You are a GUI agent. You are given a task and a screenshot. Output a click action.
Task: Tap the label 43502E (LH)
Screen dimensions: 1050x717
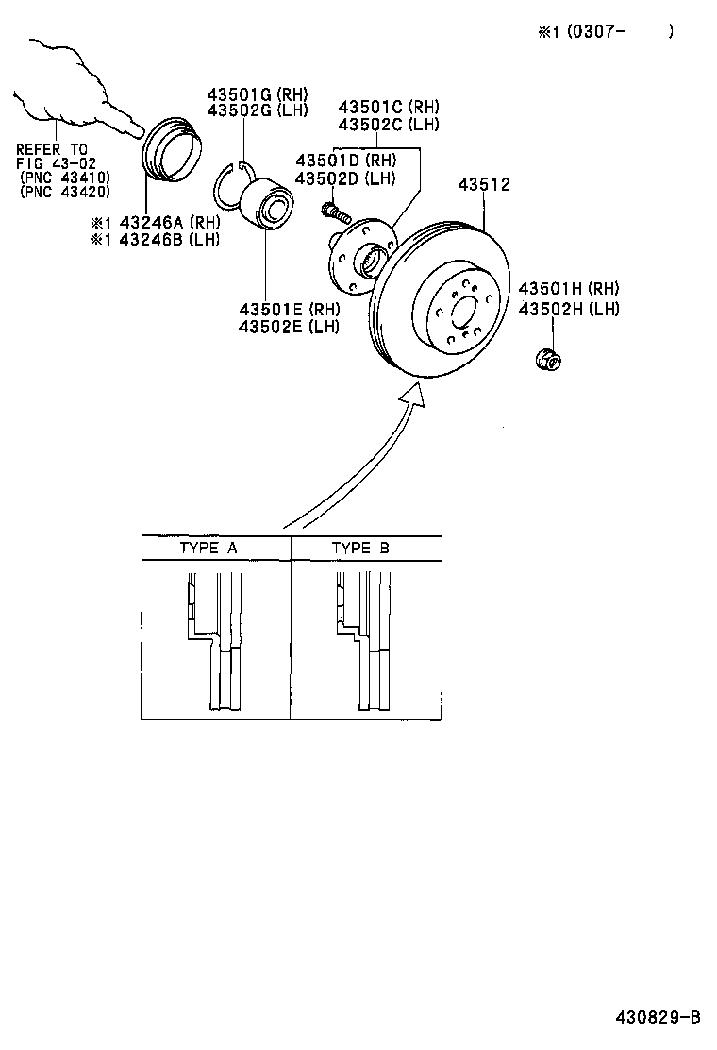click(289, 327)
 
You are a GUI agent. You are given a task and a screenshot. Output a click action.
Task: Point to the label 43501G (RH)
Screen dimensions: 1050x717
click(258, 94)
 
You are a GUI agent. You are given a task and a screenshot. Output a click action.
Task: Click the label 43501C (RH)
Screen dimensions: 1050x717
click(389, 108)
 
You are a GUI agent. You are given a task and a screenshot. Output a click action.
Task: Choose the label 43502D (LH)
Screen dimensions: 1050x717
click(345, 178)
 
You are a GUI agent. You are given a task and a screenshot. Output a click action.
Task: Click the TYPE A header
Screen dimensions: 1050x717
click(208, 548)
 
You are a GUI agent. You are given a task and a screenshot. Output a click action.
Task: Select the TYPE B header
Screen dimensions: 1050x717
click(359, 548)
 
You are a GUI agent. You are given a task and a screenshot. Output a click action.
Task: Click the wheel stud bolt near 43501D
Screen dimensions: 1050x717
click(336, 212)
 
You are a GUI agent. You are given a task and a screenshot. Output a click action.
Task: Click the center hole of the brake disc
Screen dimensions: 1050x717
click(463, 311)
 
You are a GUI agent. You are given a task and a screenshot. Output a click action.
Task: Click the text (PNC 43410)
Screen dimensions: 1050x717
click(64, 178)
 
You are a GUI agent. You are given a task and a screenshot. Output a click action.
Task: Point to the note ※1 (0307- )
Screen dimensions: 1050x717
click(606, 31)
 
